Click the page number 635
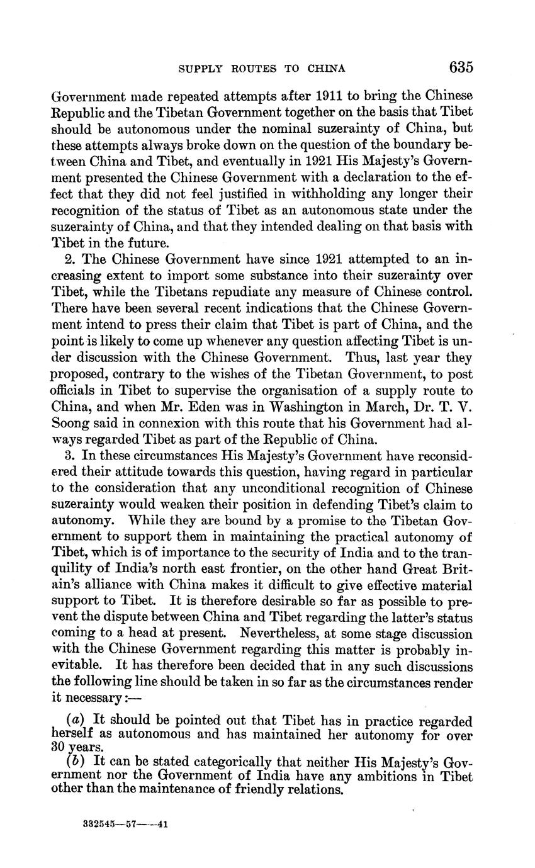pyautogui.click(x=461, y=67)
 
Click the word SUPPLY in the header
pyautogui.click(x=202, y=68)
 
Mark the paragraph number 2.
pyautogui.click(x=69, y=259)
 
